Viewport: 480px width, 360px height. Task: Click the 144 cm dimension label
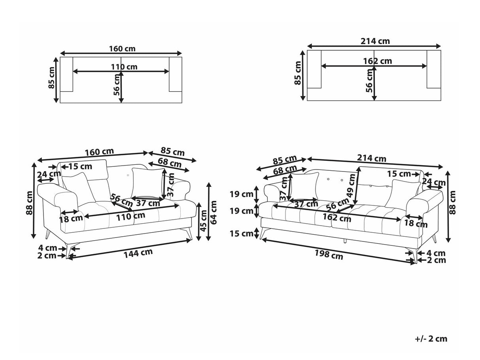point(138,253)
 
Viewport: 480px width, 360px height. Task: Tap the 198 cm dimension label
point(329,254)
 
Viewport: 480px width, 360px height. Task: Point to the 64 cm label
point(213,212)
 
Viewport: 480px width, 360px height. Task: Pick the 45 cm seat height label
point(203,221)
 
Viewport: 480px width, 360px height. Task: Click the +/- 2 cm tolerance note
point(431,339)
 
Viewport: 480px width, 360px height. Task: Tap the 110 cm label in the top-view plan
point(124,67)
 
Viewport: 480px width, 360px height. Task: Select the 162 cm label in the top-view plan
point(378,61)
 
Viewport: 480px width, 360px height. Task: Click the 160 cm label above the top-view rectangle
point(122,49)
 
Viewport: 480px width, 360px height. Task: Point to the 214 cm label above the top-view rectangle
point(375,41)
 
